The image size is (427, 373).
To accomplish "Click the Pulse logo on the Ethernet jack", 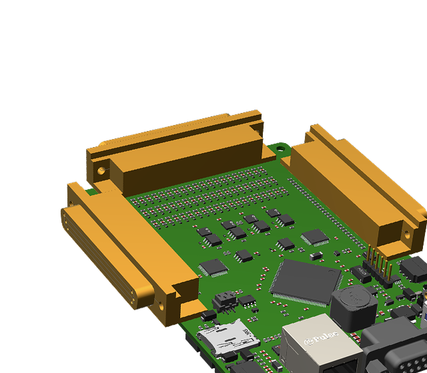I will [322, 341].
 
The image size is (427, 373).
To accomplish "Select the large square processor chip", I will [305, 281].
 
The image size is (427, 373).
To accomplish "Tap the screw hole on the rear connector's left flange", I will [101, 170].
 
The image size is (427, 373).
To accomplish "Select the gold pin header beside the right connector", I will [378, 265].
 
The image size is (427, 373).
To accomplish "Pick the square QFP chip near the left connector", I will [213, 267].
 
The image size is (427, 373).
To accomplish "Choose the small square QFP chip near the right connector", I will [314, 237].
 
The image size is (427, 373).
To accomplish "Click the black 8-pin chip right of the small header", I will [247, 300].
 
